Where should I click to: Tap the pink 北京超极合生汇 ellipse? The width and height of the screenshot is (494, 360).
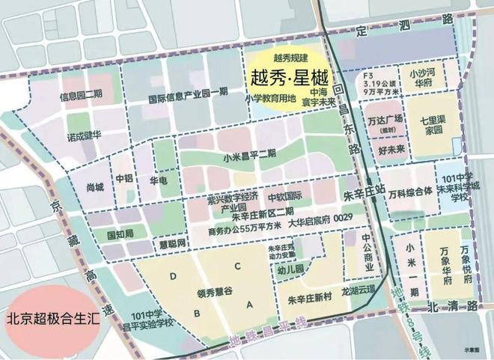tap(50, 318)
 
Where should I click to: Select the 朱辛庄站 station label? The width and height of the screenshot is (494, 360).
tap(364, 192)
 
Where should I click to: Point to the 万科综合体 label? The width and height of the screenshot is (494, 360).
tap(410, 191)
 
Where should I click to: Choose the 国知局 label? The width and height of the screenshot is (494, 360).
tap(119, 234)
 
